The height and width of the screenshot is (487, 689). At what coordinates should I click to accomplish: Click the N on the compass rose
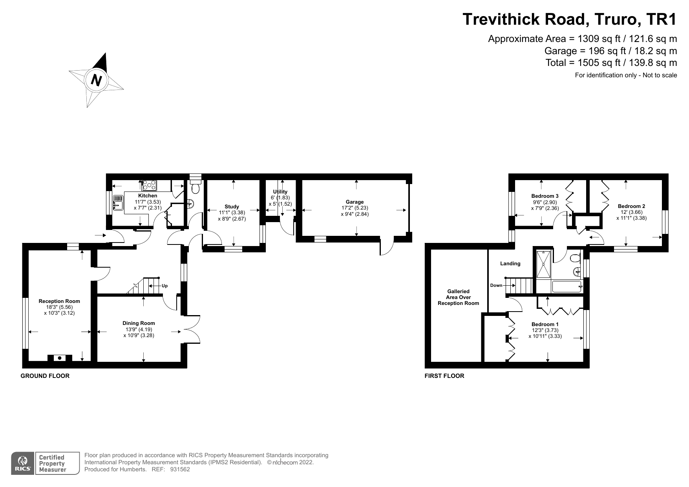[x=96, y=80]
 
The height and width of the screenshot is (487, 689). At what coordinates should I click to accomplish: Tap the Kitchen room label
[x=148, y=195]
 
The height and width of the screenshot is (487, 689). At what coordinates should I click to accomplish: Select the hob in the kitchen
[x=149, y=185]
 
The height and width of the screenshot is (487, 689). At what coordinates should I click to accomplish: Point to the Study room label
[x=232, y=206]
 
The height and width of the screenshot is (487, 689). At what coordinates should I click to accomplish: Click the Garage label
[x=355, y=202]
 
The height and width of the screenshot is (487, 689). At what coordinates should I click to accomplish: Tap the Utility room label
[x=280, y=192]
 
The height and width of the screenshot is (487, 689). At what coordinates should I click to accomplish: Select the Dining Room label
[x=139, y=323]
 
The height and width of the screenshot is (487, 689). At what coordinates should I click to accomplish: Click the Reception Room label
[x=59, y=301]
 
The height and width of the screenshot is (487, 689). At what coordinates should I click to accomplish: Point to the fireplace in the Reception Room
[x=60, y=357]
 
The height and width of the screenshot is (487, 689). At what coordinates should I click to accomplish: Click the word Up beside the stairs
[x=164, y=286]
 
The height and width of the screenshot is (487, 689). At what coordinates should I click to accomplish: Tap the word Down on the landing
[x=496, y=285]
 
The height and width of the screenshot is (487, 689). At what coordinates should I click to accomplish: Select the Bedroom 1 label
[x=545, y=324]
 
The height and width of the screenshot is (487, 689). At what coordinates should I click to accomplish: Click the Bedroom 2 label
[x=631, y=206]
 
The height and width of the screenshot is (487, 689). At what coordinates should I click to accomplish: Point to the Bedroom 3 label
[x=545, y=196]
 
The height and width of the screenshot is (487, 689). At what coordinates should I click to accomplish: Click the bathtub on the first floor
[x=567, y=286]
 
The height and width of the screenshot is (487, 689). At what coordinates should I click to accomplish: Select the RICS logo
[x=23, y=463]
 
